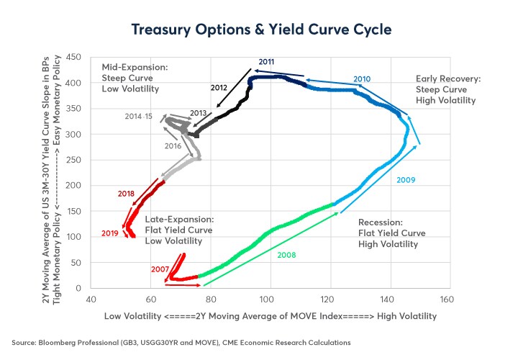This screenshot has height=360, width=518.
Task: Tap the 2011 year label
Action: click(267, 62)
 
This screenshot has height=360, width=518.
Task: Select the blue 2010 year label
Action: click(361, 78)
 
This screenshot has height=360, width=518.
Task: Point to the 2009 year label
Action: click(406, 179)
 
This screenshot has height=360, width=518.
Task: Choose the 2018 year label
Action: click(127, 194)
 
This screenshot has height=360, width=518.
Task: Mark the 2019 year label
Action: click(110, 233)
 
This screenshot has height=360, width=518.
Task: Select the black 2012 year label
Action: click(219, 87)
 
